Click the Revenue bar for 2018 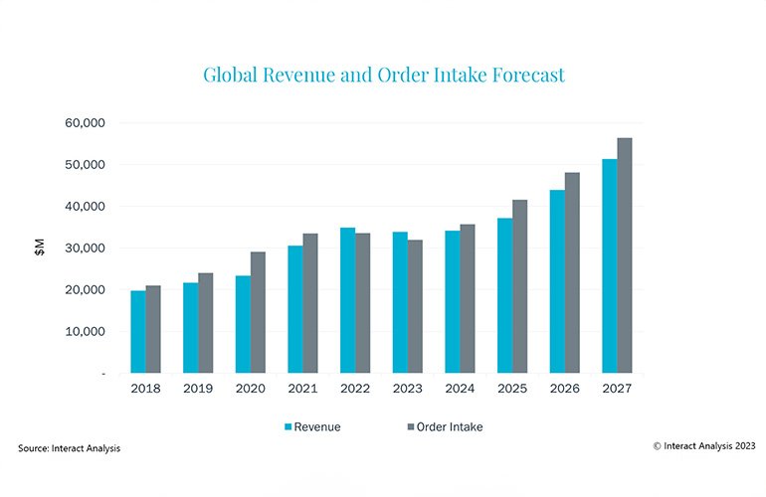pyautogui.click(x=138, y=332)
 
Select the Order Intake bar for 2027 pyautogui.click(x=625, y=255)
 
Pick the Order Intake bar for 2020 pyautogui.click(x=258, y=312)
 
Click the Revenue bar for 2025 pyautogui.click(x=506, y=295)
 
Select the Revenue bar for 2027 pyautogui.click(x=610, y=265)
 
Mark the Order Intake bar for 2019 pyautogui.click(x=205, y=323)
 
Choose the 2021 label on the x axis pyautogui.click(x=303, y=388)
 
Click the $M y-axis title pyautogui.click(x=39, y=248)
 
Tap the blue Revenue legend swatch pyautogui.click(x=289, y=426)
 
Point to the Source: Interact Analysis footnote pyautogui.click(x=70, y=449)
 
